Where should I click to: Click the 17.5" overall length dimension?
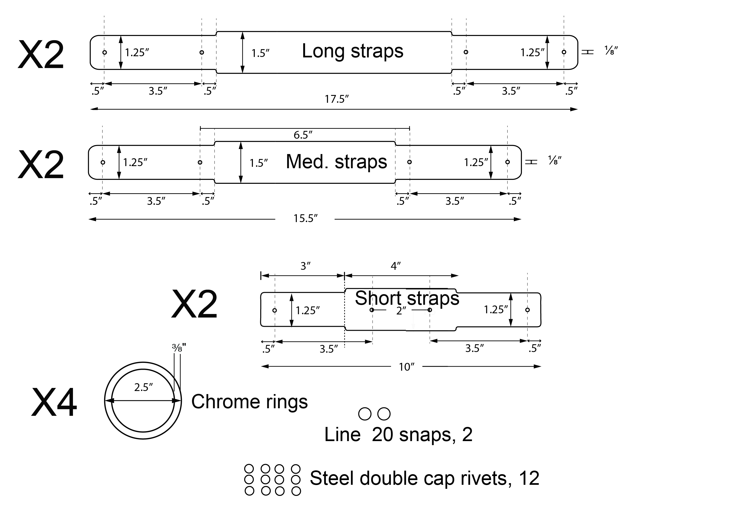point(336,99)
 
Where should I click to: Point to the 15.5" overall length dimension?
point(305,218)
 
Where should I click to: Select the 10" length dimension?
point(406,367)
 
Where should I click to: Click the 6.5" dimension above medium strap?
point(303,135)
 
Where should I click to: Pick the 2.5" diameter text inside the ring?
point(143,387)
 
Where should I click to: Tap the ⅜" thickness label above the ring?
point(179,348)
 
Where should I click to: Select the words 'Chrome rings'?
point(249,402)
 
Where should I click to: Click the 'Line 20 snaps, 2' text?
point(398,435)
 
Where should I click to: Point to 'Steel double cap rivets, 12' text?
point(424,478)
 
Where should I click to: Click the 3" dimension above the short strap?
point(305,266)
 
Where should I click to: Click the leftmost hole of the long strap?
point(105,52)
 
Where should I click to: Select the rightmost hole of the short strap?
point(527,310)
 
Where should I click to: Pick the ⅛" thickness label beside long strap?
point(611,51)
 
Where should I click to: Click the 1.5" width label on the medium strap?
point(259,163)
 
